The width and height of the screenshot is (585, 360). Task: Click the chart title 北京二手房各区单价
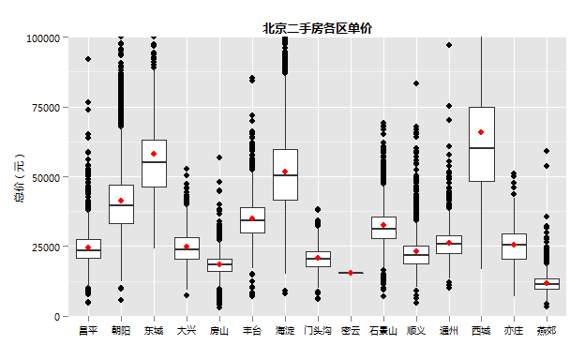(x=317, y=29)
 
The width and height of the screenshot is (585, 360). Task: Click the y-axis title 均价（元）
(x=19, y=177)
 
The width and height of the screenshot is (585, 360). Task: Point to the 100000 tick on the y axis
(x=43, y=37)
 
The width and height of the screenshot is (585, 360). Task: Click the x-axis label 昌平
(x=88, y=331)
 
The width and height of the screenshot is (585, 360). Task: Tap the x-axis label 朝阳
(x=121, y=331)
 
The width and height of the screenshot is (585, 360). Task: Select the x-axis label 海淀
(x=285, y=331)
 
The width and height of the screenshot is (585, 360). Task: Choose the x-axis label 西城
(x=481, y=331)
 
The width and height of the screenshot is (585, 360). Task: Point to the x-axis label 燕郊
(x=547, y=331)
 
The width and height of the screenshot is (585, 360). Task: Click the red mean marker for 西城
(x=481, y=132)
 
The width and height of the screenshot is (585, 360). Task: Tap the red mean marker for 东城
(x=154, y=154)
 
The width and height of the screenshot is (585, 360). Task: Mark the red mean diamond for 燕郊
(x=547, y=283)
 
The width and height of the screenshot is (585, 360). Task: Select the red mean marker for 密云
(x=351, y=273)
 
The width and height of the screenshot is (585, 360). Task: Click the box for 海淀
(x=285, y=174)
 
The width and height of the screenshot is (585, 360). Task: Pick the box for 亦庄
(x=514, y=247)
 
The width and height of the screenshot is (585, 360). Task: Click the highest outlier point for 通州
(x=449, y=45)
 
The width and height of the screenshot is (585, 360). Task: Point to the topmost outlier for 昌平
(x=88, y=60)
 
